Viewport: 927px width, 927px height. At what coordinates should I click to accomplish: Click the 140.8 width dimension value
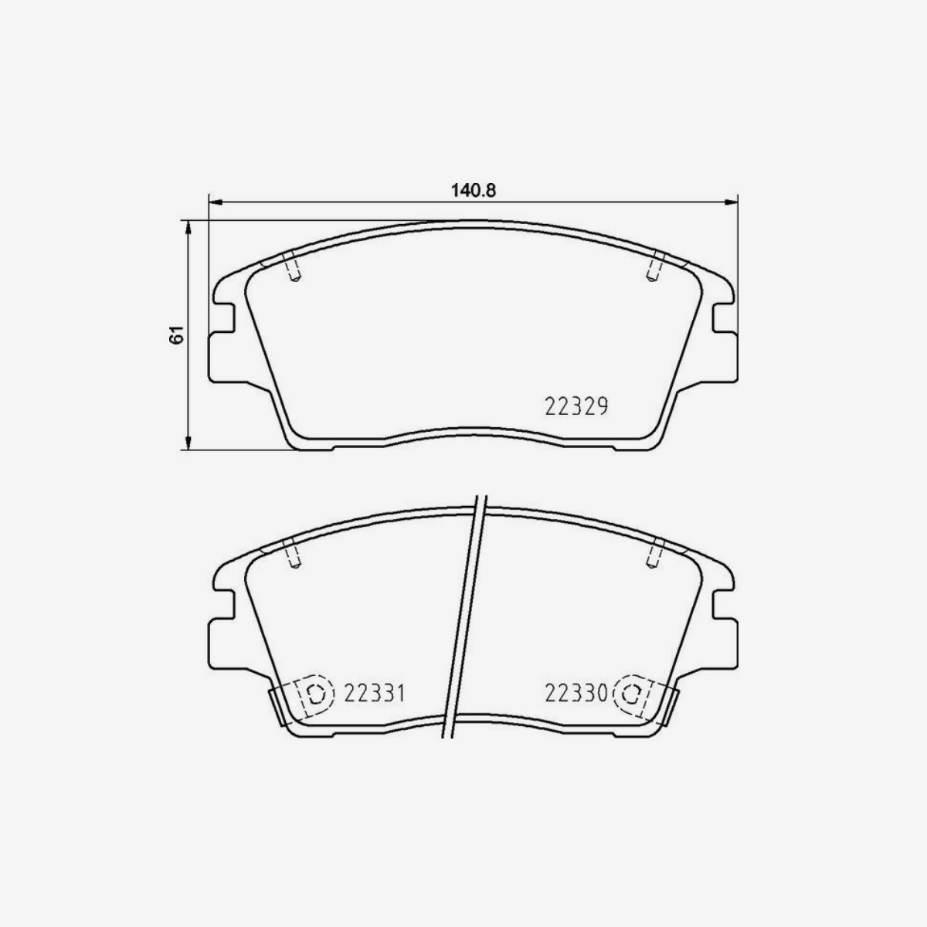pyautogui.click(x=473, y=191)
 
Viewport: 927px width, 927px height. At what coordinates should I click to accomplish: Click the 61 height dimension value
pyautogui.click(x=177, y=334)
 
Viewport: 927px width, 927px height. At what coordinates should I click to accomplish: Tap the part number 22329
pyautogui.click(x=576, y=407)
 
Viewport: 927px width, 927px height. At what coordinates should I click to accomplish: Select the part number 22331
pyautogui.click(x=374, y=694)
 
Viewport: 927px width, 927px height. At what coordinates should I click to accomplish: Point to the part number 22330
pyautogui.click(x=576, y=694)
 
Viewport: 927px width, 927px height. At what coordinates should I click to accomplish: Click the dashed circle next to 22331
pyautogui.click(x=316, y=694)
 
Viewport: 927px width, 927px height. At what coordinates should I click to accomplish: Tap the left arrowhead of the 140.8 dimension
pyautogui.click(x=215, y=202)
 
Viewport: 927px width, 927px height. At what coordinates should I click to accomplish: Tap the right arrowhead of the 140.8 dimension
pyautogui.click(x=732, y=202)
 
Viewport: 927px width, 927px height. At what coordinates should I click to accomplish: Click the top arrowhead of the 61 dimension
pyautogui.click(x=188, y=228)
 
